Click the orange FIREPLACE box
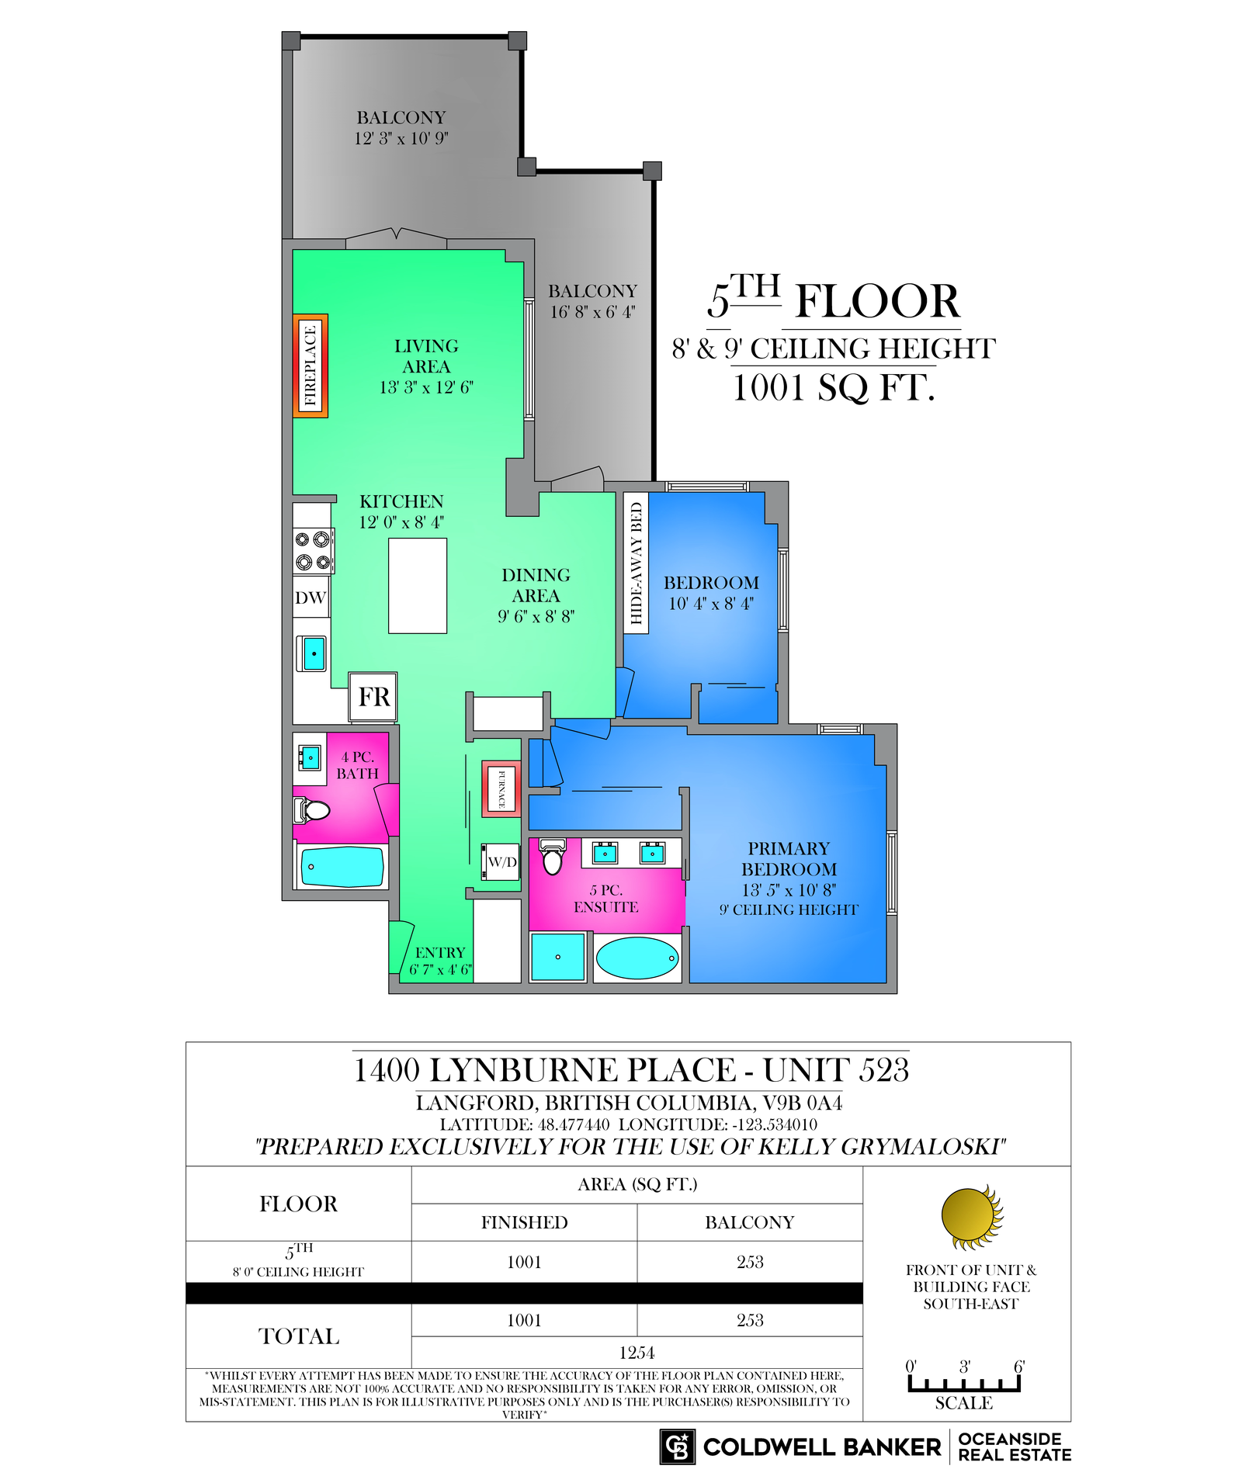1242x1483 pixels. click(310, 366)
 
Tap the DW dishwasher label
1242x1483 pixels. click(310, 598)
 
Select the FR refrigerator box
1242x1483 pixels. click(373, 697)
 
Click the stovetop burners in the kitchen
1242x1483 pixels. click(313, 551)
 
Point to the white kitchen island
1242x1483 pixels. click(418, 586)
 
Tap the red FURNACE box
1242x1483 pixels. click(501, 788)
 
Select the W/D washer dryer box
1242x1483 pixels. click(501, 861)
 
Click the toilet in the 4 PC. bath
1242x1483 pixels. click(311, 811)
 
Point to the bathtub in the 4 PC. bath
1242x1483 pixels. click(342, 867)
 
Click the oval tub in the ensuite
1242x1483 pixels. click(637, 958)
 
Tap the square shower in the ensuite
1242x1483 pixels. click(557, 957)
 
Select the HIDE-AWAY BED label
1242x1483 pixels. click(637, 563)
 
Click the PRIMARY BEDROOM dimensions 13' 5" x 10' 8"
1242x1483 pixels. click(789, 889)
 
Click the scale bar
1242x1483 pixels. click(964, 1384)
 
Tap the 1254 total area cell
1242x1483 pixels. click(637, 1353)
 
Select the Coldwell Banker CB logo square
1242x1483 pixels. click(678, 1447)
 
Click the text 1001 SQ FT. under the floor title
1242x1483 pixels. click(834, 387)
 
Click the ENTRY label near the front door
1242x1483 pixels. click(440, 952)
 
